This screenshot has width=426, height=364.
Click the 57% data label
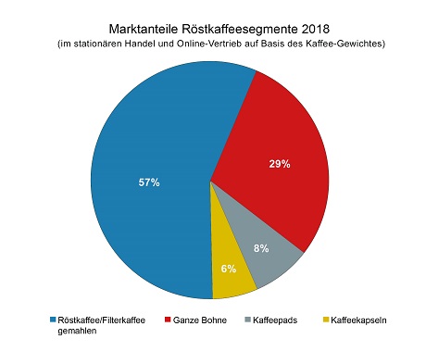[148, 182]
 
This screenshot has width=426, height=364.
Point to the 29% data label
[280, 164]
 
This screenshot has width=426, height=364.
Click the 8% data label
[262, 247]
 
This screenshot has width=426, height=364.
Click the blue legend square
[54, 320]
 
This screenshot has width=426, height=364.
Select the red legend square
[168, 320]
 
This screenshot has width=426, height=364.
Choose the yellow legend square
[325, 320]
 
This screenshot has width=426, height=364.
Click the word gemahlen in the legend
[81, 332]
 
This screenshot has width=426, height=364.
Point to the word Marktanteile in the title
[142, 30]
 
